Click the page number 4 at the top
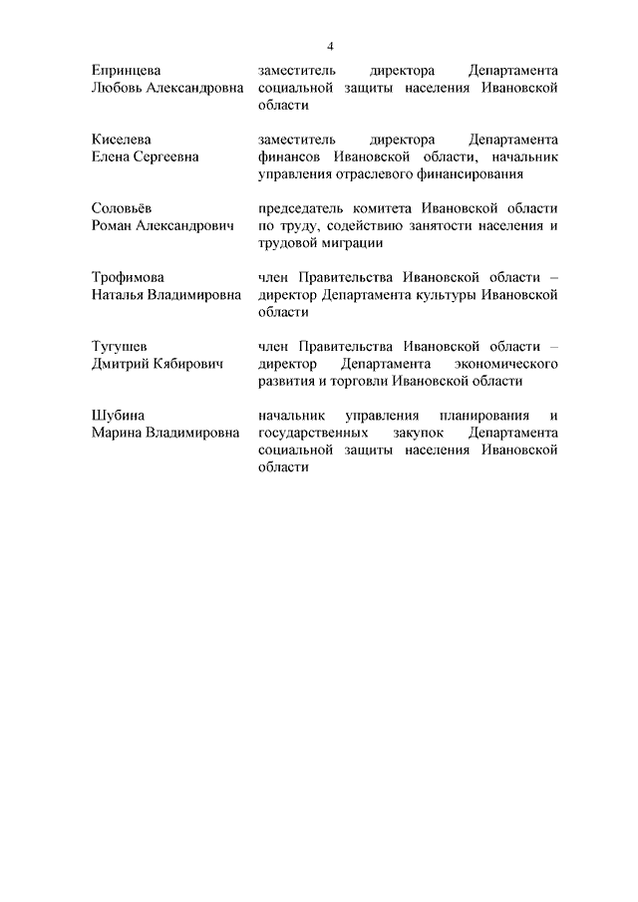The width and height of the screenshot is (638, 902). pos(330,46)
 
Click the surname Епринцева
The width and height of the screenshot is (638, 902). pos(126,72)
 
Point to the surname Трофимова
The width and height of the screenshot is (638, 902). pos(128,277)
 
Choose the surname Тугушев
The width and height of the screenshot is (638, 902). pos(119,346)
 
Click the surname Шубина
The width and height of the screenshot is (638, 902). pos(118,415)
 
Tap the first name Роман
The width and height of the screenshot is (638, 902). pos(112,226)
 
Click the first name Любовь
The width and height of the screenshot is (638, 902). pos(117,89)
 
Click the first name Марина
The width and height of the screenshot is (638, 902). pos(117,433)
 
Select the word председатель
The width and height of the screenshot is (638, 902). pos(304,208)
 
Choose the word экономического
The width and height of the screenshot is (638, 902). pos(507,364)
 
